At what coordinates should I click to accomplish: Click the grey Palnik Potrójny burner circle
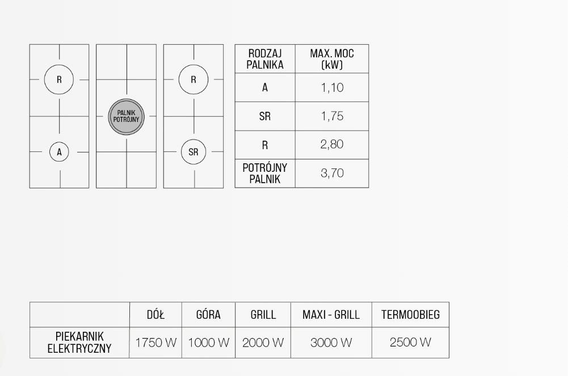click(127, 116)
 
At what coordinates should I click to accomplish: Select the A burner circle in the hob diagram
click(59, 152)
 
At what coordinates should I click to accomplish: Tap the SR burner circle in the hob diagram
click(193, 152)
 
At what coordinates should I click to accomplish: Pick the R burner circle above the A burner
click(59, 80)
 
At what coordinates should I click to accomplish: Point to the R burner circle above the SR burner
click(193, 80)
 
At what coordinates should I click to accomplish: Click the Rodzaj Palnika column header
click(265, 59)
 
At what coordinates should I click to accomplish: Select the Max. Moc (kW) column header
click(332, 59)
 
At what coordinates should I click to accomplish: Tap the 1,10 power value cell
click(332, 88)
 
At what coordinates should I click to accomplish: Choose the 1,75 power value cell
click(332, 116)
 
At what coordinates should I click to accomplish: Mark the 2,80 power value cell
click(332, 145)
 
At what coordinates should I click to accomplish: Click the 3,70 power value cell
click(332, 174)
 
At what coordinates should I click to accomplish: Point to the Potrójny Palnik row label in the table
click(265, 174)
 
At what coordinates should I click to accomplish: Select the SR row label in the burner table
click(265, 116)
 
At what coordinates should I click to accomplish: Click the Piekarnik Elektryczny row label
click(79, 343)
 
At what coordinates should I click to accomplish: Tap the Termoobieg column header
click(410, 315)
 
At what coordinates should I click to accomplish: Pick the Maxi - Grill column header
click(331, 315)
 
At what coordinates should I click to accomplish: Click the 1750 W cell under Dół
click(155, 343)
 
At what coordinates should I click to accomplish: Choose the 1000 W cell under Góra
click(208, 343)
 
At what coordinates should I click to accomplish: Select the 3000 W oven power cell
click(331, 343)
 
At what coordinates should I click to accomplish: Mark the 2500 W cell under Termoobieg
click(410, 343)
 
